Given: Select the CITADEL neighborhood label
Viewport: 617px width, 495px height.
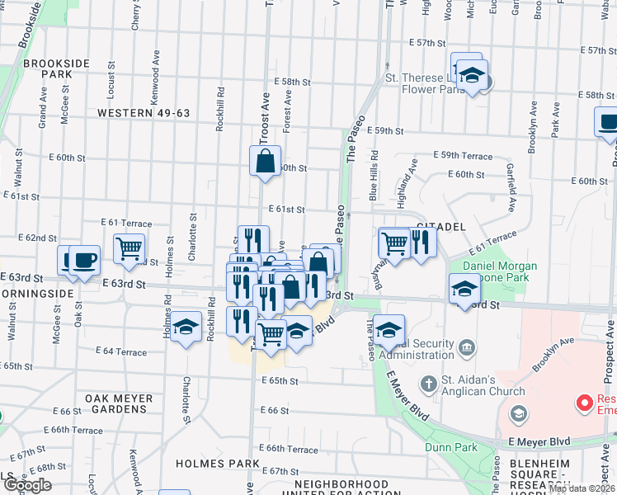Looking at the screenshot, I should [442, 225].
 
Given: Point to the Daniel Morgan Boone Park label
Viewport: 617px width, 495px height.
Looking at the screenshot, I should [499, 273].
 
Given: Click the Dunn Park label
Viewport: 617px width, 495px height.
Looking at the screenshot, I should [446, 447].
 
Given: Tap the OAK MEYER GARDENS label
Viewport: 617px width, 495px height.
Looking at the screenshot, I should [120, 404].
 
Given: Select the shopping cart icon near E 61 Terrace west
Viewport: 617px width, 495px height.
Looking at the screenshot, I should [129, 247].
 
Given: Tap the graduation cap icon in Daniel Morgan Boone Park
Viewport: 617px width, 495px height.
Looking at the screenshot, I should [464, 289].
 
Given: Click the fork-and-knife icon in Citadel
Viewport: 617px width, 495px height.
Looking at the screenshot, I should [422, 243].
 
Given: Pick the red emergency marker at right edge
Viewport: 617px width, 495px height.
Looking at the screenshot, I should [585, 403].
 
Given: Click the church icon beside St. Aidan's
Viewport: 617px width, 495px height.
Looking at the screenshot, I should [428, 384].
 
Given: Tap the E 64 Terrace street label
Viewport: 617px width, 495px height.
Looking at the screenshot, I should [120, 352].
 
